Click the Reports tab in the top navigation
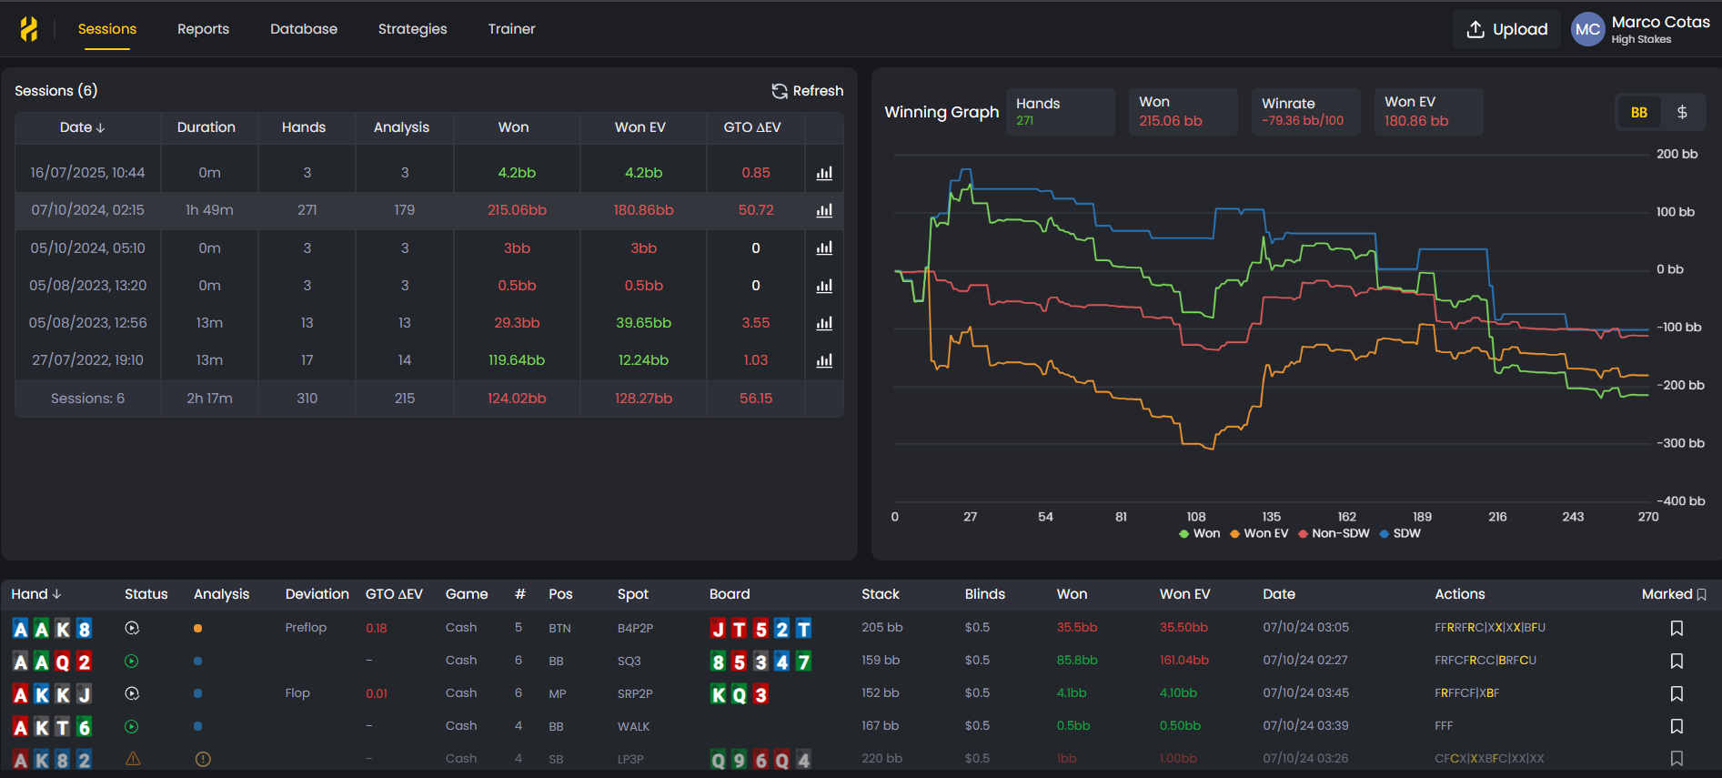(203, 29)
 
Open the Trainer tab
(511, 29)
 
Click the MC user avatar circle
(1587, 29)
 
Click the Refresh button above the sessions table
(808, 91)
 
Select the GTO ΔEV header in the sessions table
(751, 127)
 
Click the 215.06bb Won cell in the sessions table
(517, 210)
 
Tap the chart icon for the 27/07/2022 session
(824, 360)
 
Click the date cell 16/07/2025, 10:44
(87, 173)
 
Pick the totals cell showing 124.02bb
(517, 399)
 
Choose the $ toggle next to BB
(1682, 112)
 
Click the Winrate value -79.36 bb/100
(1302, 121)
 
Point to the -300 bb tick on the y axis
(1680, 443)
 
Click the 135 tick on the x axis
(1271, 517)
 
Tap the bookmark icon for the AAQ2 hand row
(1677, 661)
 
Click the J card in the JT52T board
(719, 629)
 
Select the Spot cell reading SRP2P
(635, 693)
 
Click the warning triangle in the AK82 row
(133, 759)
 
